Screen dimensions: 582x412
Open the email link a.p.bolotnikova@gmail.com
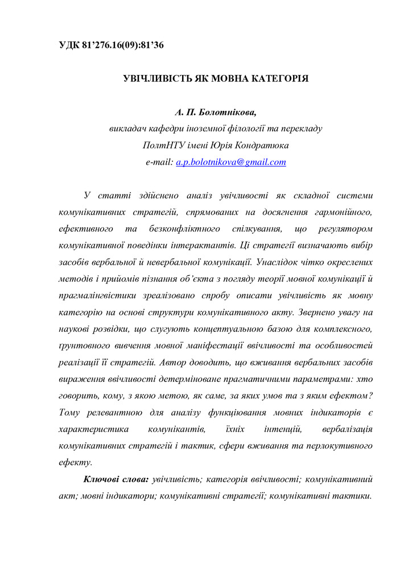pyautogui.click(x=231, y=162)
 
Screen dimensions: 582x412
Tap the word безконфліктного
pyautogui.click(x=184, y=229)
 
